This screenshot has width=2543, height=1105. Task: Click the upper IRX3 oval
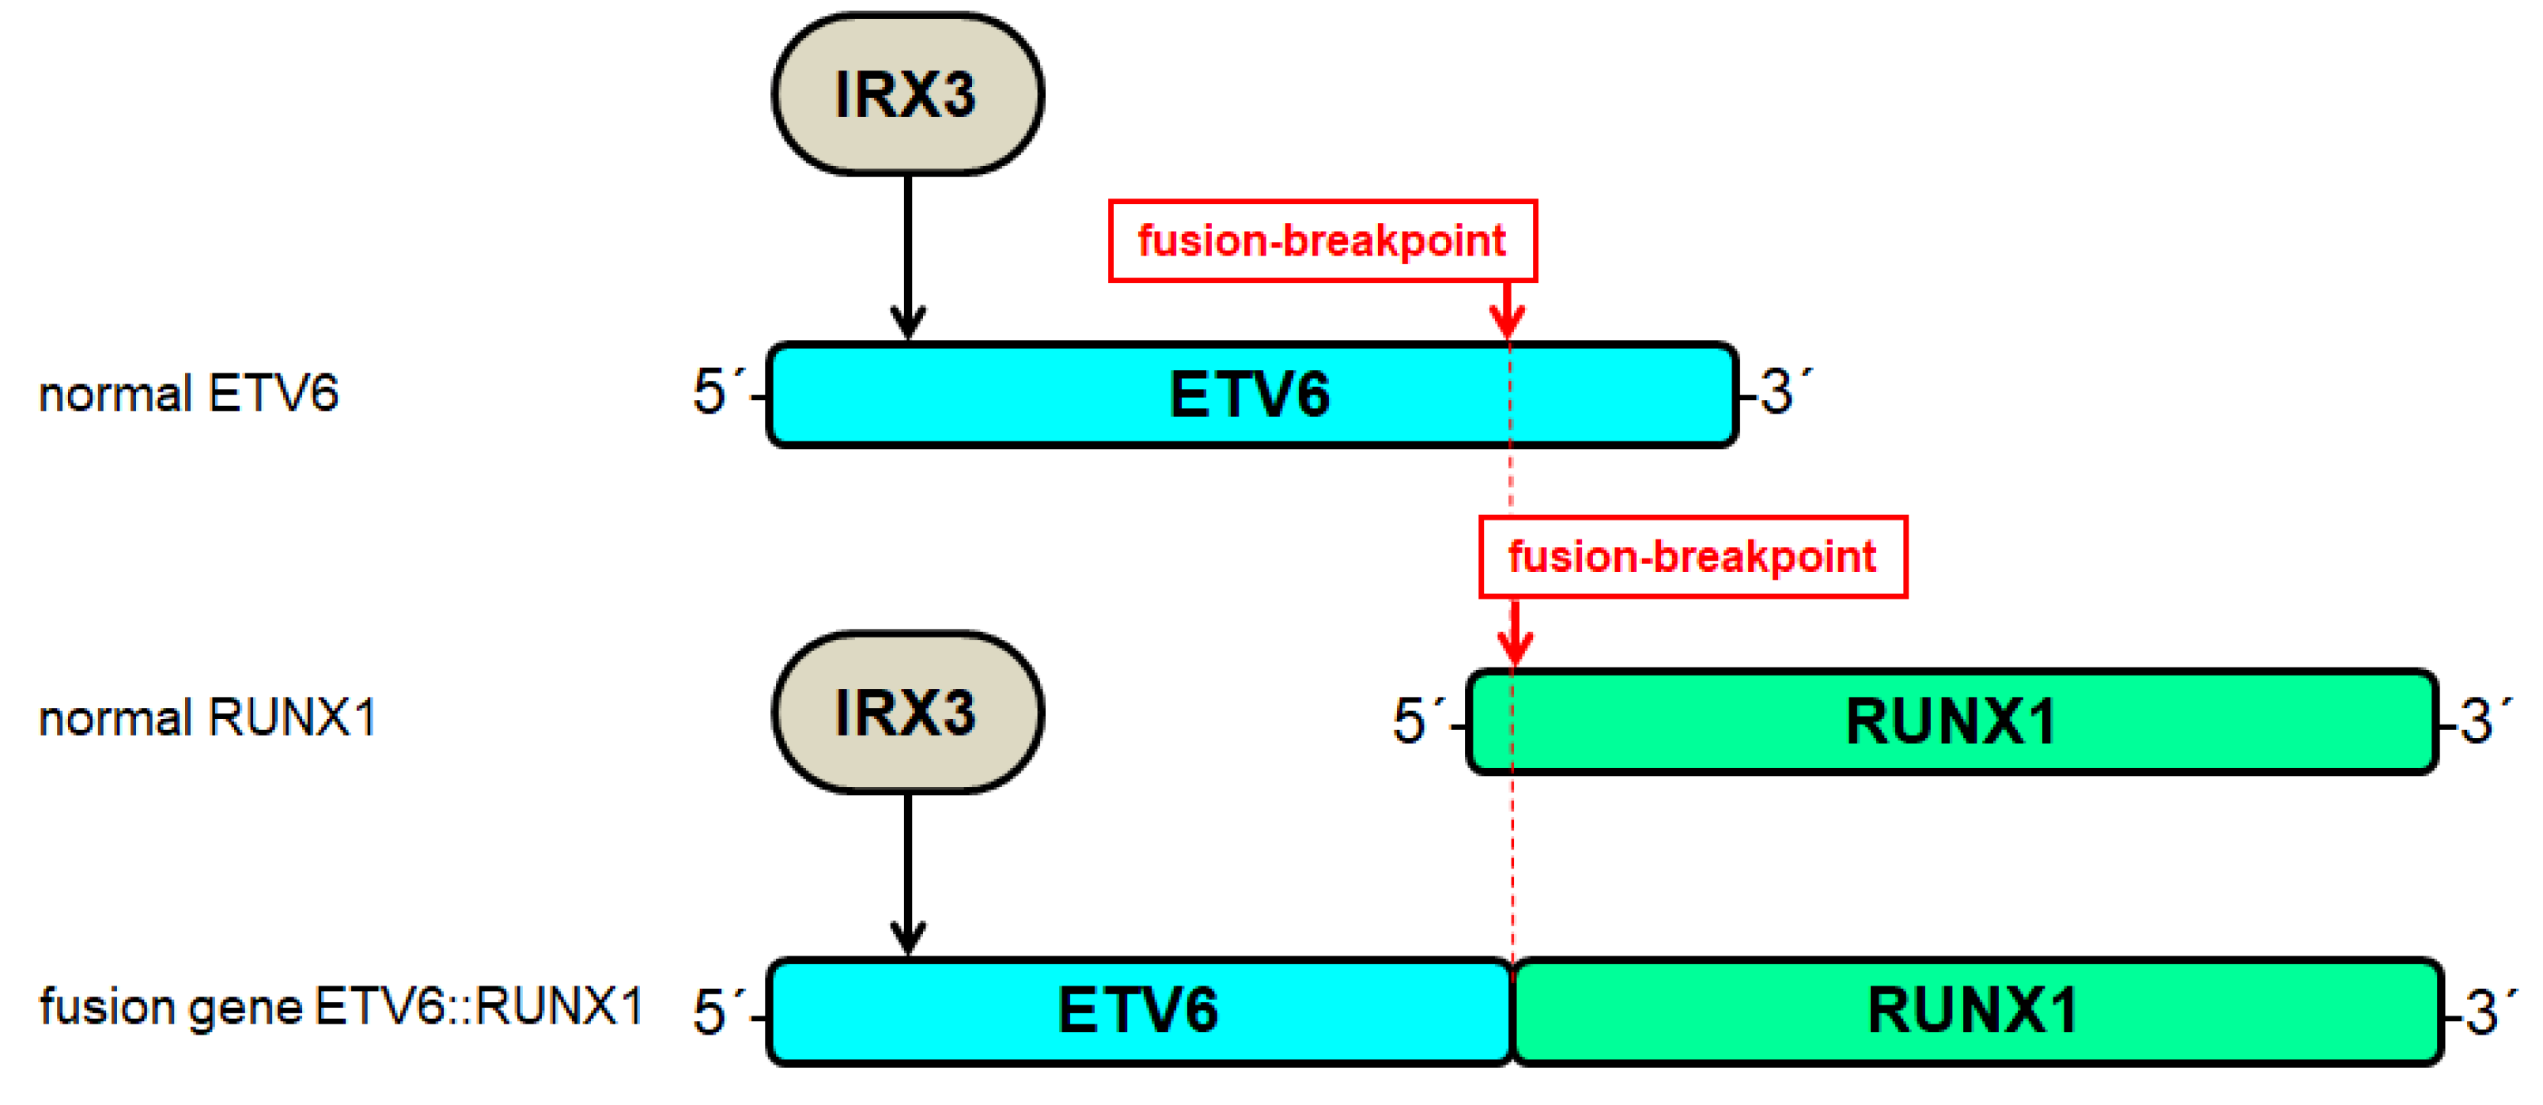coord(906,95)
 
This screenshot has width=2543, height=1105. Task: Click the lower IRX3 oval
coord(906,712)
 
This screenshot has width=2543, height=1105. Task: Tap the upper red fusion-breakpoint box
coord(1322,241)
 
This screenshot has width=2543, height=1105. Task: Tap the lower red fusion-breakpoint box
coord(1692,557)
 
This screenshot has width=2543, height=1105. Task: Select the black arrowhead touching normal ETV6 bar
coord(907,324)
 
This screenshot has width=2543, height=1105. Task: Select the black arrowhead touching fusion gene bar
coord(907,938)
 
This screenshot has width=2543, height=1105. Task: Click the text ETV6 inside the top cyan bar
coord(1249,395)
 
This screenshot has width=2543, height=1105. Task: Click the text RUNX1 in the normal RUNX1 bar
coord(1950,722)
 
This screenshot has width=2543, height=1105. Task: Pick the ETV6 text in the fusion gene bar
coord(1137,1010)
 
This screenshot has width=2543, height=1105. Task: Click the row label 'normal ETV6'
coord(188,394)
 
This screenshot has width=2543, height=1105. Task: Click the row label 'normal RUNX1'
coord(207,718)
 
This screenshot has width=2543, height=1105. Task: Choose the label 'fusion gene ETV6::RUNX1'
coord(341,1007)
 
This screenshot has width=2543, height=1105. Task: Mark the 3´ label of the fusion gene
coord(2488,1012)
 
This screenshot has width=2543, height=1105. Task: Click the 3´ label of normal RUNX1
coord(2483,720)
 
